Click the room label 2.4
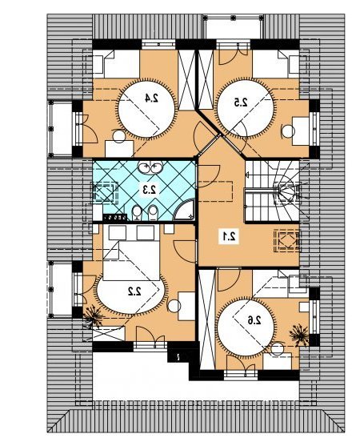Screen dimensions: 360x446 (151, 98)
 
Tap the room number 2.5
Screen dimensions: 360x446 (241, 102)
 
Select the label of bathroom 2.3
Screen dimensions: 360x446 (150, 189)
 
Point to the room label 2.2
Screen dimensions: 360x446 (134, 291)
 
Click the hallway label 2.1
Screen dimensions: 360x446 (229, 235)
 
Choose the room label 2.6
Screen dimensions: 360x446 (254, 320)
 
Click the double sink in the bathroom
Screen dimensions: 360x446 (150, 167)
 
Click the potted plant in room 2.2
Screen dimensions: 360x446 (93, 316)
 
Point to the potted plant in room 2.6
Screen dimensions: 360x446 (299, 336)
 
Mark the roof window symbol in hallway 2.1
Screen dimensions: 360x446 (286, 241)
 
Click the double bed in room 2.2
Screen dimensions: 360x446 (131, 252)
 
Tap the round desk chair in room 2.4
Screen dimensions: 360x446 (119, 136)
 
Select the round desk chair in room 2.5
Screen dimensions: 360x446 (288, 131)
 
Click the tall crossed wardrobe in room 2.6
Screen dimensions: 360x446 (207, 319)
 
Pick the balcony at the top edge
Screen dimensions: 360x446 (233, 26)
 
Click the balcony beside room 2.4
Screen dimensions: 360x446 (60, 128)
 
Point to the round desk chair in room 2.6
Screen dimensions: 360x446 (277, 349)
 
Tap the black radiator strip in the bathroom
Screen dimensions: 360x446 (114, 218)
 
